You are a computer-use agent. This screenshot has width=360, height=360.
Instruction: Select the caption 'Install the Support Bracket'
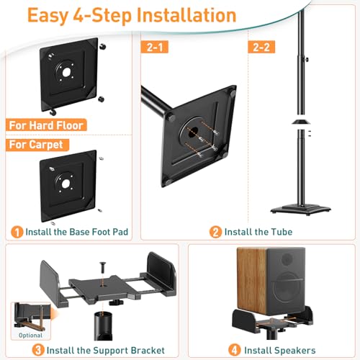pyautogui.click(x=86, y=350)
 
